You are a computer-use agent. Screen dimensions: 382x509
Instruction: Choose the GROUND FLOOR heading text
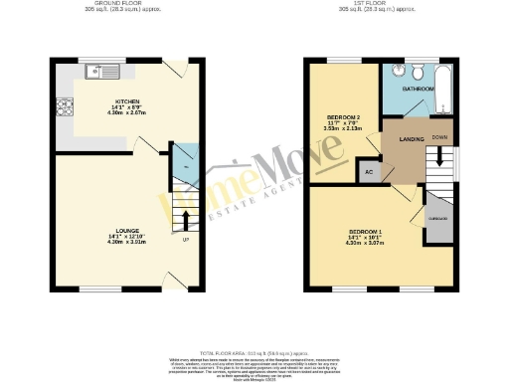tap(125, 5)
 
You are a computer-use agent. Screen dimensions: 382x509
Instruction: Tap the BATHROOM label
tap(418, 90)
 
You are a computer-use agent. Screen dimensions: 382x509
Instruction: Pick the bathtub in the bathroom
tap(443, 90)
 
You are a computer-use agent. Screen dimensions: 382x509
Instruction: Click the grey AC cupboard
tap(369, 171)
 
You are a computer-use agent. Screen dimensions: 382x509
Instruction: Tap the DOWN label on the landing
tap(438, 137)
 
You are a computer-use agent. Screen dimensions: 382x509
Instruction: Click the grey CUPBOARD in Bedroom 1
tap(436, 216)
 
